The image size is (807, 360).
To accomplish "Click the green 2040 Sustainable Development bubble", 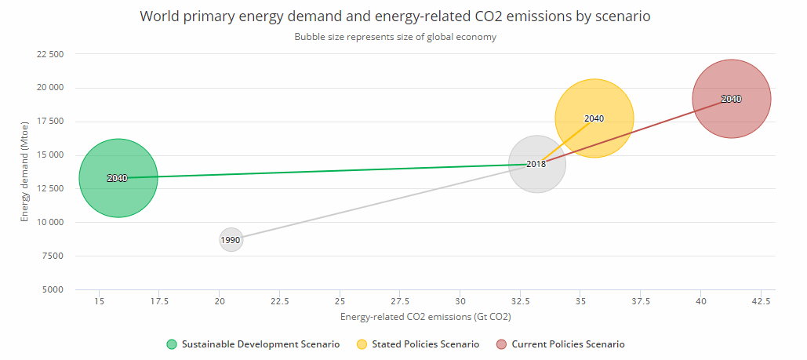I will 118,178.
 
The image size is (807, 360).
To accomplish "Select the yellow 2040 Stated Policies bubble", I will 594,118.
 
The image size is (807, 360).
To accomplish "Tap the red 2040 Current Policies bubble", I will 731,99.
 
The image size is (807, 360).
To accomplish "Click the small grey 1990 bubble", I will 230,239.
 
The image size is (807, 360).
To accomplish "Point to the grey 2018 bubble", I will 536,164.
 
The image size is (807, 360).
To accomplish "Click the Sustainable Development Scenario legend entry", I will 253,344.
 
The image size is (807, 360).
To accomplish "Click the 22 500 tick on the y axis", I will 50,54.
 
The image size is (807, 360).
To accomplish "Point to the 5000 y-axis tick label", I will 53,289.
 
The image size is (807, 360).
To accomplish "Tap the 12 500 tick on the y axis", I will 50,188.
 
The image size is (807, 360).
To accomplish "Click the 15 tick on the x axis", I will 99,301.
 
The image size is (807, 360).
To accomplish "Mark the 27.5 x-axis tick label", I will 400,301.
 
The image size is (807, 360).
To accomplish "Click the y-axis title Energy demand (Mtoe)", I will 26,177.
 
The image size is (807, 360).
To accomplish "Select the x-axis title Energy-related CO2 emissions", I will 426,317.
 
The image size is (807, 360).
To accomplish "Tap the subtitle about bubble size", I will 395,37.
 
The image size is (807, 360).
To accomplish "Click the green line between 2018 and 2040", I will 329,171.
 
